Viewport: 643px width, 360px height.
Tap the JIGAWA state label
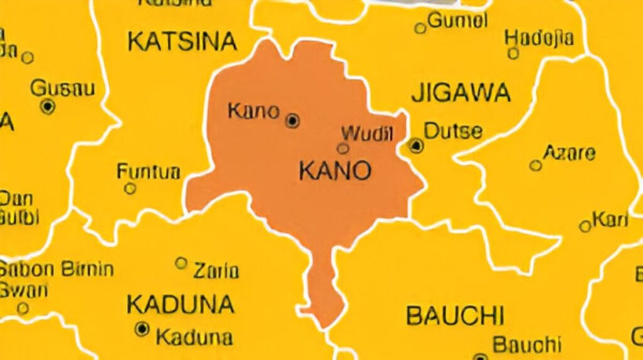point(461,93)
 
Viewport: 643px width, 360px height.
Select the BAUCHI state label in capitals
point(455,315)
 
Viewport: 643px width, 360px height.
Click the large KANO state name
point(335,170)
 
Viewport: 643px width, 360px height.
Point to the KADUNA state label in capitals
point(180,305)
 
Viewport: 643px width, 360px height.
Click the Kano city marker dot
point(292,121)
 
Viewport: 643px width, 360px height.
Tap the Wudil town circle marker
point(343,149)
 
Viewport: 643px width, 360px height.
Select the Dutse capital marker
point(416,146)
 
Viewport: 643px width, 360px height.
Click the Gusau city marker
point(48,106)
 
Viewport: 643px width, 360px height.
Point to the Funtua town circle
point(130,188)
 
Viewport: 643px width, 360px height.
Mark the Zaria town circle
point(181,263)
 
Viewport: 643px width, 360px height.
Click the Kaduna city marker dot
point(143,329)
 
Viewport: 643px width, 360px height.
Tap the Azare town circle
point(535,165)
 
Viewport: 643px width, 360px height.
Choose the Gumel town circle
point(420,28)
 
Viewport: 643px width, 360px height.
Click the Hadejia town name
point(539,38)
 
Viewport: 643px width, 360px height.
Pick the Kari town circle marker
point(585,226)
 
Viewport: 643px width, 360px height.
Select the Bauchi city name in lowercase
point(526,344)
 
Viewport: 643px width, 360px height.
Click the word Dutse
point(453,131)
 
